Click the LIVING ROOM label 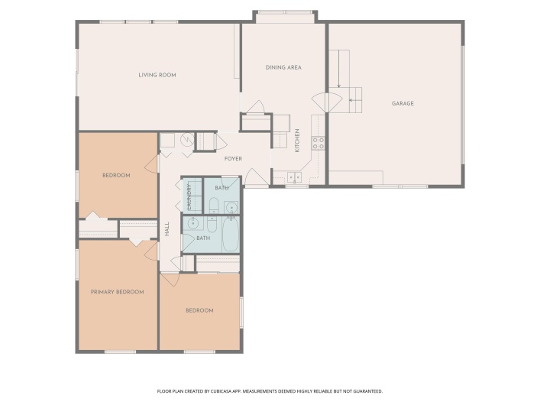(x=157, y=75)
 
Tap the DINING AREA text (x=283, y=67)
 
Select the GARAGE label (x=403, y=103)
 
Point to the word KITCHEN (x=298, y=141)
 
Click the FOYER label (x=233, y=158)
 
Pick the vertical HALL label (x=167, y=229)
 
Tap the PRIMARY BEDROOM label (x=117, y=292)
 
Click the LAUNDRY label (x=189, y=197)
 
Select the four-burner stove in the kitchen (x=318, y=143)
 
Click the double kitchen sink (x=294, y=177)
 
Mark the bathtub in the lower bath (x=231, y=234)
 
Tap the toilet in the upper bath (x=214, y=206)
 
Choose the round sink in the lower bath (x=192, y=224)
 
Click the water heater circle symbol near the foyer (x=187, y=140)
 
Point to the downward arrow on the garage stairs (x=339, y=69)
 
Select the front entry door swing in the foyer (x=257, y=177)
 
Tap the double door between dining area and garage (x=327, y=102)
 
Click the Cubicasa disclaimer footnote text (x=270, y=391)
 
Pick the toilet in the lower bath (x=212, y=225)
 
